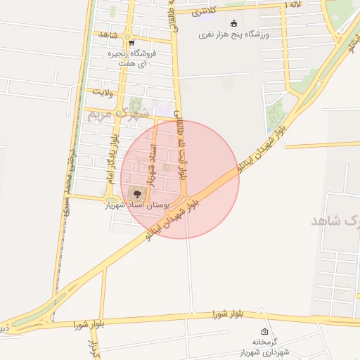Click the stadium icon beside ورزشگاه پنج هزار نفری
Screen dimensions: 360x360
tap(233, 22)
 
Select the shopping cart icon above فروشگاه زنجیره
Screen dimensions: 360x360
tap(131, 42)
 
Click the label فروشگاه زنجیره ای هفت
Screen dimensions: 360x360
tap(131, 58)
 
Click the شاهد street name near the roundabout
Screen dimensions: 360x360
tap(107, 35)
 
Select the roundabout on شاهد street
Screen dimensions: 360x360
tap(127, 36)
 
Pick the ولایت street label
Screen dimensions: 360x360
tap(99, 91)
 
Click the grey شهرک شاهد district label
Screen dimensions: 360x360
tap(336, 221)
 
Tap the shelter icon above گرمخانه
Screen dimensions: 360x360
tap(264, 332)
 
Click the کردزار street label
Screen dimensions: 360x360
tap(92, 347)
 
